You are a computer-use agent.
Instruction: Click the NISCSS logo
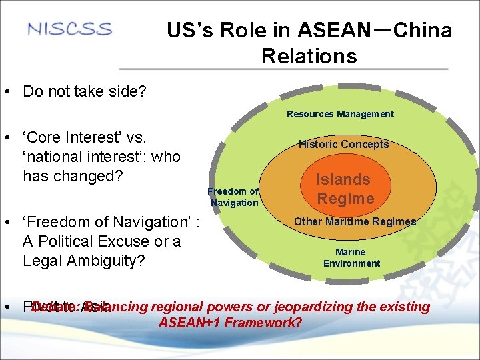click(x=70, y=29)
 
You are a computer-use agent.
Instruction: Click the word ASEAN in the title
click(x=334, y=31)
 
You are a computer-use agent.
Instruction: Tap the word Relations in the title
click(x=309, y=56)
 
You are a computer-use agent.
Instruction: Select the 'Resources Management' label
click(x=340, y=114)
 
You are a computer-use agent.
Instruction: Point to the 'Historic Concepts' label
click(x=343, y=144)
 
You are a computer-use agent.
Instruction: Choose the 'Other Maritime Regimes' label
click(x=355, y=221)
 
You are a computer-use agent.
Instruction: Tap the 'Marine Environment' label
click(x=351, y=257)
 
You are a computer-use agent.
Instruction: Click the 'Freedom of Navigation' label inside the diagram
click(x=233, y=197)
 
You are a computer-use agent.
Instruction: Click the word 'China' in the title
click(x=423, y=31)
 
